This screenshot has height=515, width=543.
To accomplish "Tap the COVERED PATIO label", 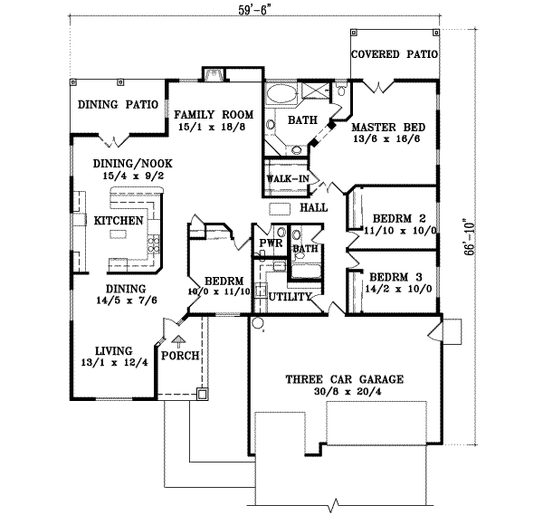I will (x=394, y=54).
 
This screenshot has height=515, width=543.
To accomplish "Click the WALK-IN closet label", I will (x=287, y=178).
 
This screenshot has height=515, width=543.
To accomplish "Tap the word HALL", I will (x=313, y=208).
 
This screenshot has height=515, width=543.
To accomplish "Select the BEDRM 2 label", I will (x=398, y=218).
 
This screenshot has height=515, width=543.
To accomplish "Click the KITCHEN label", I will (x=119, y=220).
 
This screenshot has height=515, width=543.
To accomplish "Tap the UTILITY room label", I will (x=291, y=297).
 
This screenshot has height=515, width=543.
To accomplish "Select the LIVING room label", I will (x=113, y=351).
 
